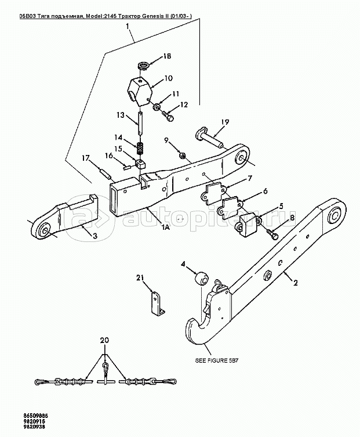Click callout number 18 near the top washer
166,56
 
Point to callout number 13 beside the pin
121,115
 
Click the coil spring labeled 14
140,149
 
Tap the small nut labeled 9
182,156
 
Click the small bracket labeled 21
156,303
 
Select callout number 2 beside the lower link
295,284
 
